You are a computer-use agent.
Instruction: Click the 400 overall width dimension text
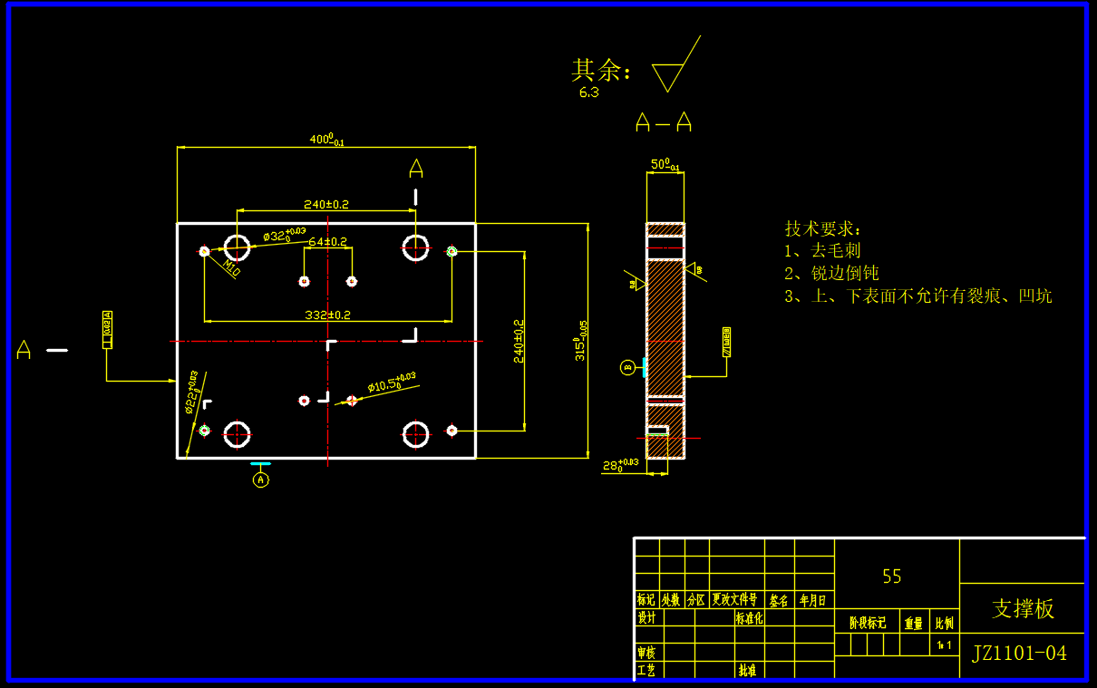(x=326, y=140)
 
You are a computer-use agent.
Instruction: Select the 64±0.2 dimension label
(x=327, y=242)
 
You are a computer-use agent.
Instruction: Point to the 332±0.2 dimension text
(x=327, y=315)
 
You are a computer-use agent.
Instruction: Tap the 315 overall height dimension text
(x=580, y=341)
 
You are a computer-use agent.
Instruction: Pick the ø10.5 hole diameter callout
(x=391, y=384)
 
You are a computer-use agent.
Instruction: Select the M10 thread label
(x=232, y=268)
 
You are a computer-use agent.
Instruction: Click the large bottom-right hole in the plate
(x=416, y=434)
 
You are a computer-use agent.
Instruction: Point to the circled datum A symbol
(x=261, y=480)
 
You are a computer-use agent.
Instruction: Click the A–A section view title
(x=664, y=122)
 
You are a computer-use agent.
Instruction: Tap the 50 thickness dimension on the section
(x=665, y=165)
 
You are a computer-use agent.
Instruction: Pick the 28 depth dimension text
(x=620, y=466)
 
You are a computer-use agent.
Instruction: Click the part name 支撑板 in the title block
(x=1023, y=608)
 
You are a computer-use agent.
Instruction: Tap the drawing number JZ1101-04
(x=1019, y=653)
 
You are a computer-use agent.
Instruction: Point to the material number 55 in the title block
(x=892, y=577)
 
